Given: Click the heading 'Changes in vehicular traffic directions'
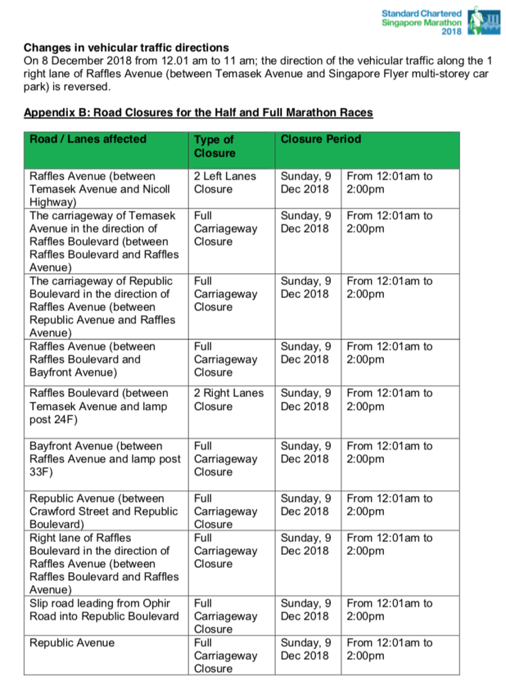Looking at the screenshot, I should [x=126, y=48].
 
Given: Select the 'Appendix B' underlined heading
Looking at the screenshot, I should [x=198, y=112].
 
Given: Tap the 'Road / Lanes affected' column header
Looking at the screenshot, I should [x=88, y=139].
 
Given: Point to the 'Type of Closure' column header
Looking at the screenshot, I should [x=214, y=146].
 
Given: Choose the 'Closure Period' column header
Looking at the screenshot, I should [x=321, y=139].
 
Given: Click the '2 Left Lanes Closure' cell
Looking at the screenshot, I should [x=225, y=182].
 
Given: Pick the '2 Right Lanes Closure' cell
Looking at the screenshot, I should [x=229, y=399].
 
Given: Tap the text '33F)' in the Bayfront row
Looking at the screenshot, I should [x=41, y=472].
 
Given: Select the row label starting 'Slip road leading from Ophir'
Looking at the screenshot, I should [x=100, y=603].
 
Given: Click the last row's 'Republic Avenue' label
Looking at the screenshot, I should [x=72, y=642].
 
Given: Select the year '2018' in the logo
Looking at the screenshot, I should [x=451, y=31].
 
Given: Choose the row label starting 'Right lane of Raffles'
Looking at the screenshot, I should [x=81, y=538].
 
